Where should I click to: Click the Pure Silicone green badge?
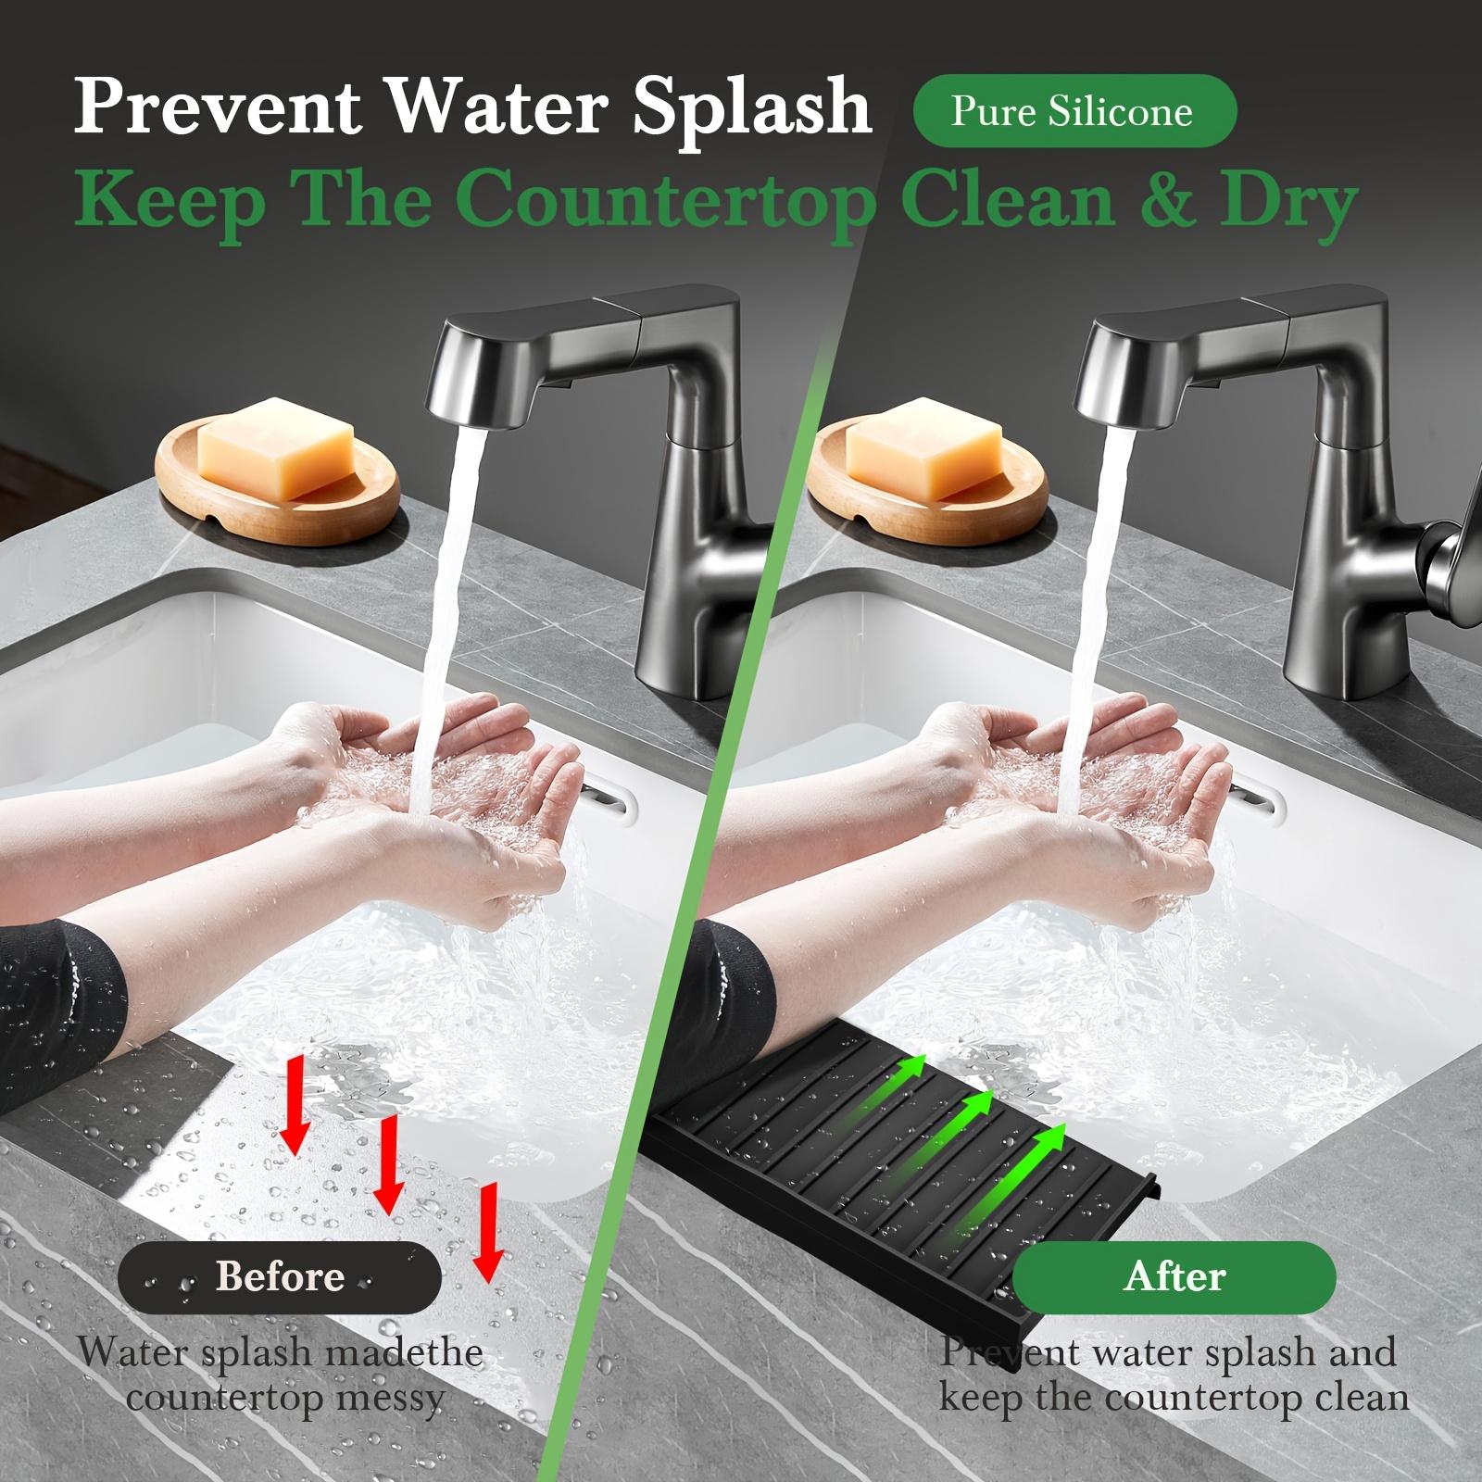(1074, 112)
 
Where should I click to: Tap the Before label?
(279, 1277)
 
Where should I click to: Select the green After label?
(1174, 1277)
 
